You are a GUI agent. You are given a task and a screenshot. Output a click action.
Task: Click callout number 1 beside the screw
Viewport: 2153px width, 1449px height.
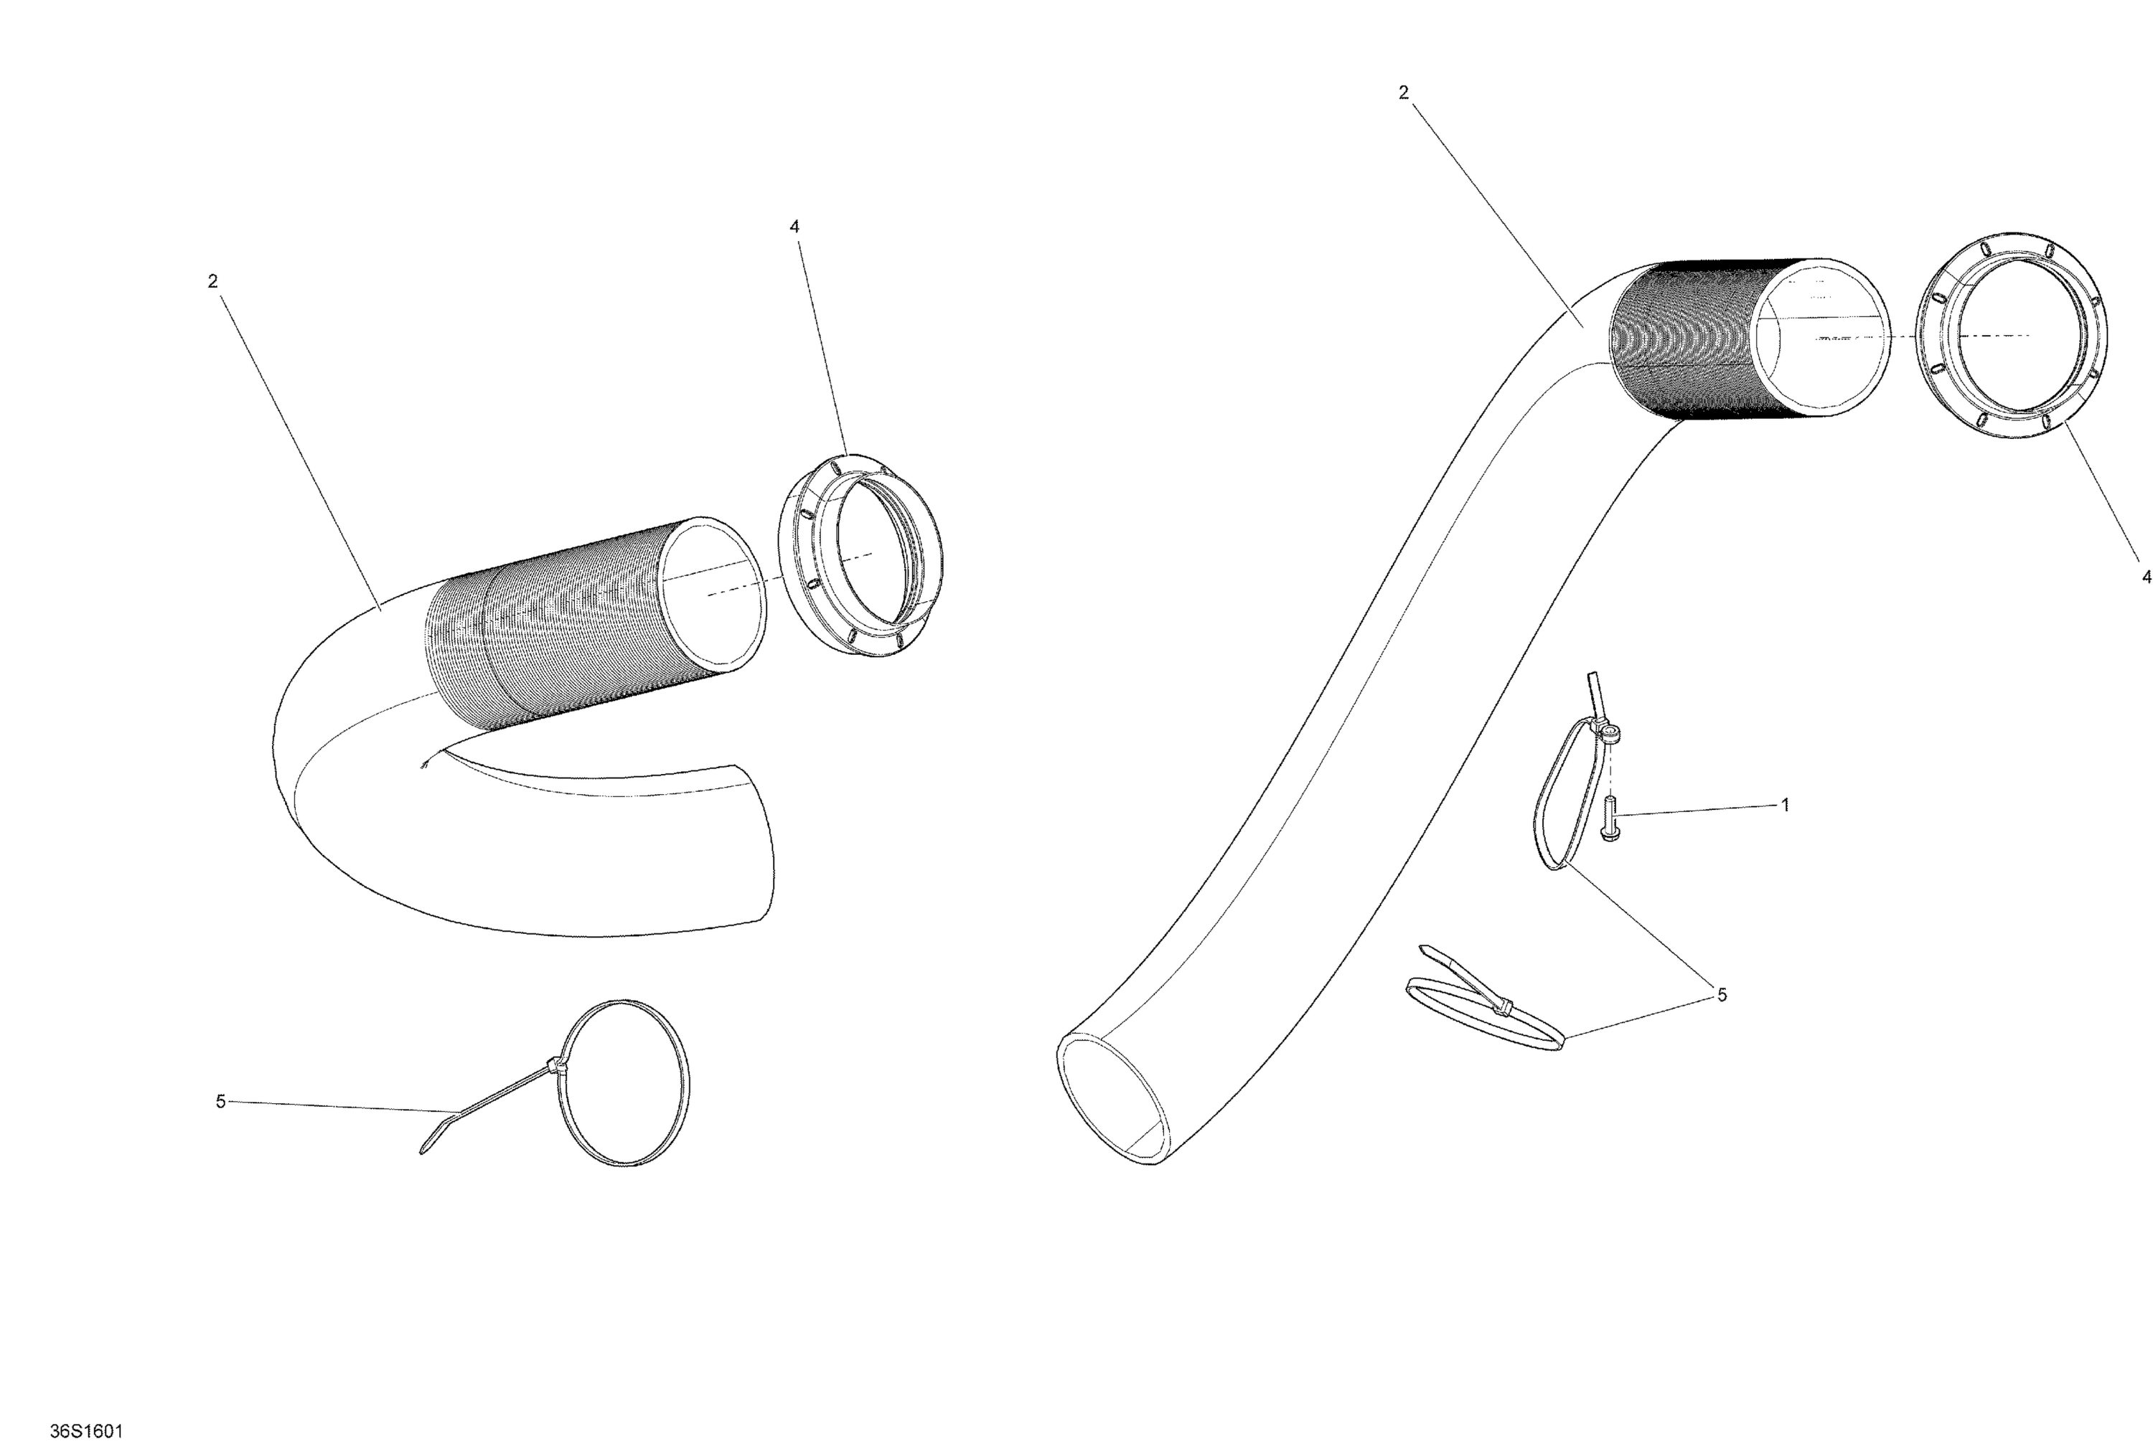pos(1785,805)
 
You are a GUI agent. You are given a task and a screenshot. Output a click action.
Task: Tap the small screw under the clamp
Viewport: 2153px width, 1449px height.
pos(1610,818)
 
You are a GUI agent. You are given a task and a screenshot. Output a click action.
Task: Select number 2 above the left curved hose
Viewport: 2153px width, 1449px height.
pos(212,281)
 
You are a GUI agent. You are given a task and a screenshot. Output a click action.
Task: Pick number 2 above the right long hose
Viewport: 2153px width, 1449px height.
pos(1403,93)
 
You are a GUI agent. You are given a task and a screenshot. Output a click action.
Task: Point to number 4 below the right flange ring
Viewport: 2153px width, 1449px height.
pos(2147,577)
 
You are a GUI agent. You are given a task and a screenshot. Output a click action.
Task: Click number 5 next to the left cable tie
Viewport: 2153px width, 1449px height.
pos(220,1102)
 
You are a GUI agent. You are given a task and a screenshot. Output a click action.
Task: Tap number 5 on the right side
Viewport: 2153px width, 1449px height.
pos(1721,994)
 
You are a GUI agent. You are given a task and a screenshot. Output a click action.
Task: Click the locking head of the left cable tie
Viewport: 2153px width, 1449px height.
pos(555,1067)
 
